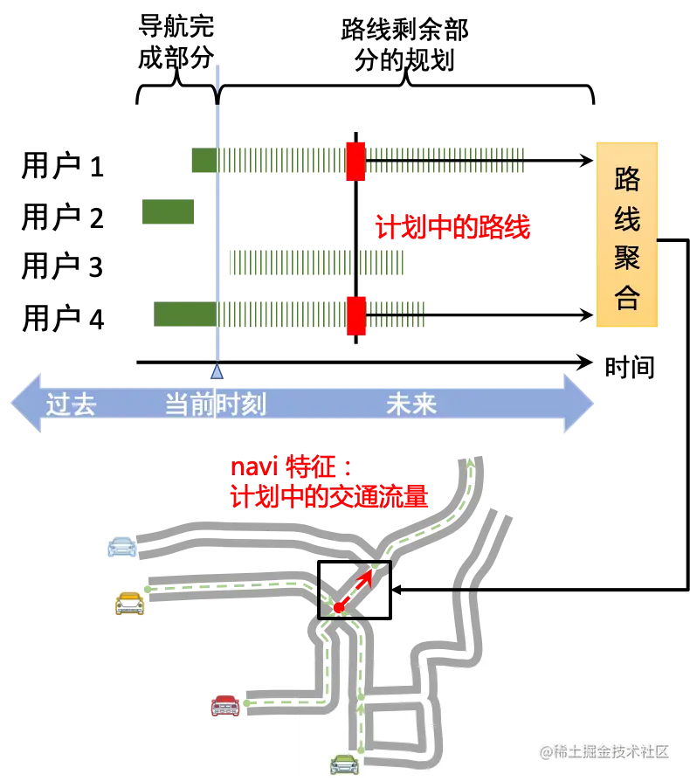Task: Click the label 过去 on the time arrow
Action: coord(71,404)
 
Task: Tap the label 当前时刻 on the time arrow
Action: coord(216,404)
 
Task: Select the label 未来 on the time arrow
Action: coord(411,404)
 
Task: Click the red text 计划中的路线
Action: coord(452,228)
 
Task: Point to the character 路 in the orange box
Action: coord(627,179)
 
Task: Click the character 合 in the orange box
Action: coord(627,298)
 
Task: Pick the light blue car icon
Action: coord(122,546)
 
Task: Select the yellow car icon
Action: coord(129,604)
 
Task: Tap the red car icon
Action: coord(224,704)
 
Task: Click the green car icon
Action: coord(344,764)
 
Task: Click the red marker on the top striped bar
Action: coord(355,161)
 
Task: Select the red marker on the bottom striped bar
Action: coord(355,314)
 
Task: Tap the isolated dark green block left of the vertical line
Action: coord(168,213)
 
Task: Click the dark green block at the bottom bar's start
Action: coord(184,314)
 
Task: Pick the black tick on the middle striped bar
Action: coord(355,262)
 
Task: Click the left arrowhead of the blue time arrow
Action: coord(24,404)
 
